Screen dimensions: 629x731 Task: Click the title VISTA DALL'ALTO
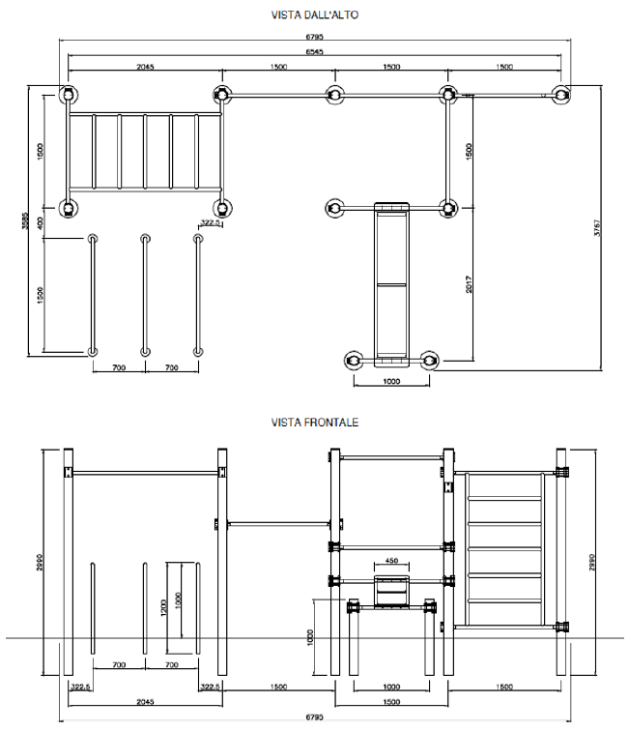pos(315,15)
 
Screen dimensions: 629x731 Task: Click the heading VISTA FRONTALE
pos(315,423)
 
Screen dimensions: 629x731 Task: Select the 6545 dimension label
pos(315,52)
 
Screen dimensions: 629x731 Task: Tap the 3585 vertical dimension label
pos(25,220)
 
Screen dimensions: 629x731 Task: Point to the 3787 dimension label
pos(597,227)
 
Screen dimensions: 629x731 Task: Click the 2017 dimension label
pos(469,284)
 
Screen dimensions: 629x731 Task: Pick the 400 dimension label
pos(40,222)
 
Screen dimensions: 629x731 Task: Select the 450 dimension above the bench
pos(392,561)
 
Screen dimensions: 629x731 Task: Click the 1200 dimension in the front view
pos(163,607)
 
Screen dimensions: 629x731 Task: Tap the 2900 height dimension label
pos(40,562)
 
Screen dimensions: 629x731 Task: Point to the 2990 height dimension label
pos(591,562)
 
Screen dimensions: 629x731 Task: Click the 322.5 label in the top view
pos(210,222)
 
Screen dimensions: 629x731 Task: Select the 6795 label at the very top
pos(315,37)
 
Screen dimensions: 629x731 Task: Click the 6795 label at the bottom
pos(315,717)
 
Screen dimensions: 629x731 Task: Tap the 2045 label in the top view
pos(145,67)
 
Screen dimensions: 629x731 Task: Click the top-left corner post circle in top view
pos(68,95)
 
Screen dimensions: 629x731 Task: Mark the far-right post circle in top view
pos(561,95)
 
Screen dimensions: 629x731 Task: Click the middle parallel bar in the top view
pos(145,295)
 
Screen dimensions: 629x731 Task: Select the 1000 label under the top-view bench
pos(391,381)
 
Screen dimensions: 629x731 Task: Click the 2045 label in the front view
pos(145,702)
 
